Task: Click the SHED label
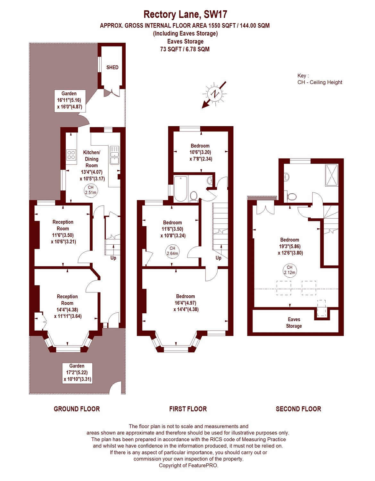coord(112,67)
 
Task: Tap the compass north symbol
coord(214,94)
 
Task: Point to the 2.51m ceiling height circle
coord(91,190)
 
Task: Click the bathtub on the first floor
coord(180,189)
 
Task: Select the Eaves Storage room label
coord(294,323)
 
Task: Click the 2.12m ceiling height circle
coord(290,270)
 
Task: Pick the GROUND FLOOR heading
coord(77,409)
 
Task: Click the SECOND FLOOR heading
coord(298,409)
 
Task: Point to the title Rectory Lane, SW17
coord(185,14)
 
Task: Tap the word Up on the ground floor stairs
coord(113,257)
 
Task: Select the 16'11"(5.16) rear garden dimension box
coord(70,101)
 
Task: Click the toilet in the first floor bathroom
coord(194,196)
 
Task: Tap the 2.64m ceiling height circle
coord(172,251)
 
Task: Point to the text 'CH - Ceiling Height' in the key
coord(320,82)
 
